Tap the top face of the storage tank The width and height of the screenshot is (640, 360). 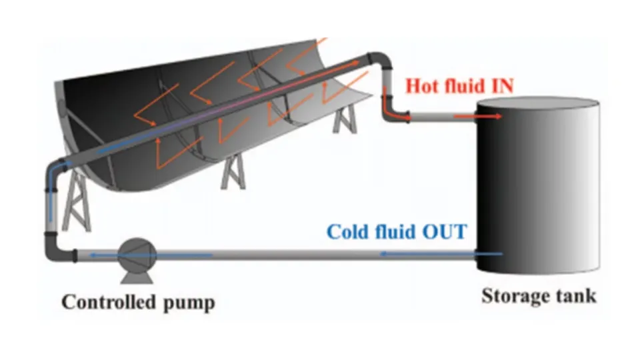[x=539, y=104]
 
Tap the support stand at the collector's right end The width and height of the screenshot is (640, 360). [x=344, y=119]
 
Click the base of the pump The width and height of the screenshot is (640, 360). [x=137, y=273]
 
